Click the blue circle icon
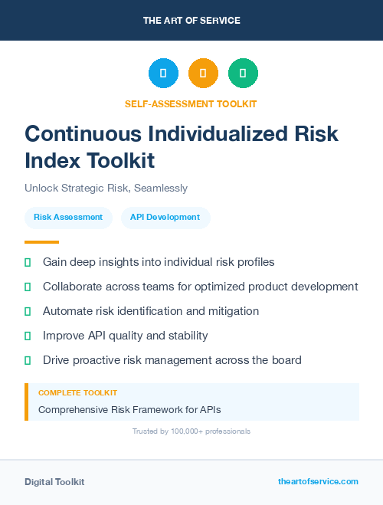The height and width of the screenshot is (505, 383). point(163,74)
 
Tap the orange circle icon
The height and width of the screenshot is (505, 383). point(203,74)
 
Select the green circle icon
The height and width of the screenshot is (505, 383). point(243,74)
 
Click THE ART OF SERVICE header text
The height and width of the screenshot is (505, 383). point(191,21)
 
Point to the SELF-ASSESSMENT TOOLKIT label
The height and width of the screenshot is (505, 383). point(191,103)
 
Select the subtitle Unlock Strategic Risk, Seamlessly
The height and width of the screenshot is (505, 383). point(106,188)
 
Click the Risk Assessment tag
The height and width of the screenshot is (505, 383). point(68,218)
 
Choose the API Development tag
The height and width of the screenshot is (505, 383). point(165,218)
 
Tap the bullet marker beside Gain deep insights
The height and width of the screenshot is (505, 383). point(28,262)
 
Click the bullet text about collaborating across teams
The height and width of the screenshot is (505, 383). point(200,287)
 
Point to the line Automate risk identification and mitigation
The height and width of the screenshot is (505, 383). point(151,311)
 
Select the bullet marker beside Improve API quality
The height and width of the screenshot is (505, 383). point(28,336)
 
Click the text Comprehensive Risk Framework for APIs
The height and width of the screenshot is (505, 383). point(129,410)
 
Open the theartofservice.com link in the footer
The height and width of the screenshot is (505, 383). point(318,481)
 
